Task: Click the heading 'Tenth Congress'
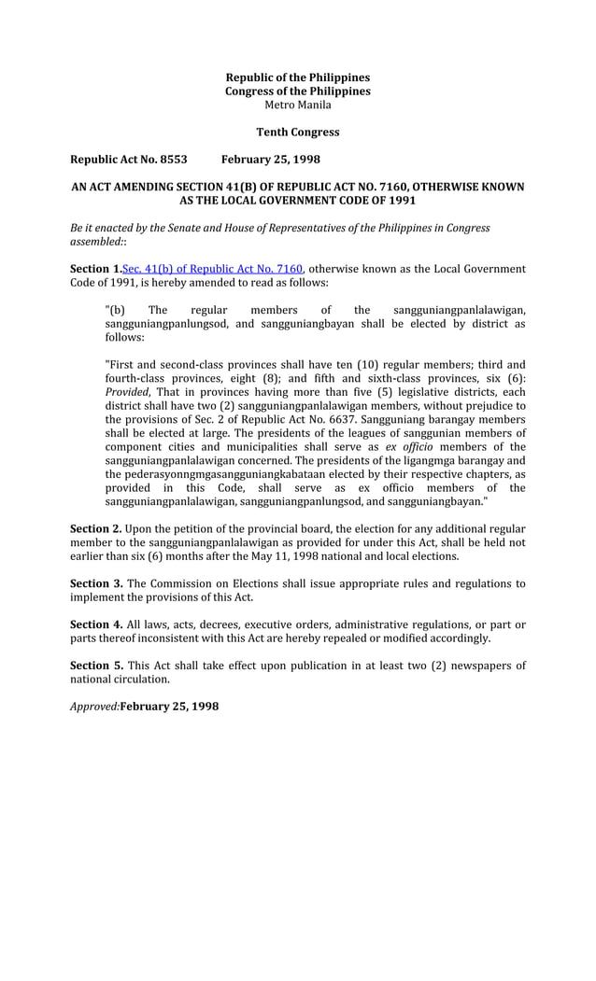298,133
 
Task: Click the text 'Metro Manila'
298,105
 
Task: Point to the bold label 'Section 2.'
96,529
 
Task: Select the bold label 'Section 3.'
96,584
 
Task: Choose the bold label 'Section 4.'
96,624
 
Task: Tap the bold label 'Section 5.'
96,666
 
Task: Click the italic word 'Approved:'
95,707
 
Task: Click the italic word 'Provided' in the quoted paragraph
126,392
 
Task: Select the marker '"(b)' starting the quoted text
115,310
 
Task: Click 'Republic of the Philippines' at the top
298,77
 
